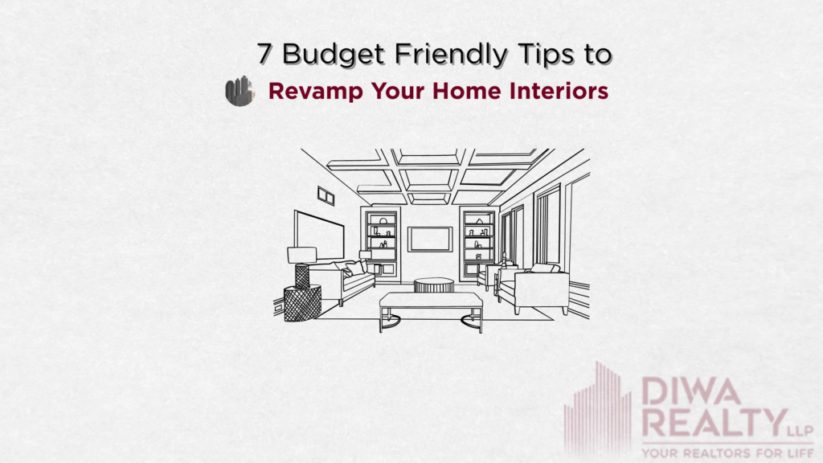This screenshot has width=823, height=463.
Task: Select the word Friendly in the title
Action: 440,55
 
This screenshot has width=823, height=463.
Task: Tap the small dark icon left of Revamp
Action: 239,91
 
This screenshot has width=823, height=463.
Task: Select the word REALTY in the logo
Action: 708,422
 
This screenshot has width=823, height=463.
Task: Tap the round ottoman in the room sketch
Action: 434,285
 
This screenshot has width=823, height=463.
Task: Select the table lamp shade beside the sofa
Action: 301,256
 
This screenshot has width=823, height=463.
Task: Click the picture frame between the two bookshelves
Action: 429,239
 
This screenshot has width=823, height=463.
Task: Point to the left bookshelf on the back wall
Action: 382,241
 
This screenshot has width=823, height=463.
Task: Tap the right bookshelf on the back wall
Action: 479,242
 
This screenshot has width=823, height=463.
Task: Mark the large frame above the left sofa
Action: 319,234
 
